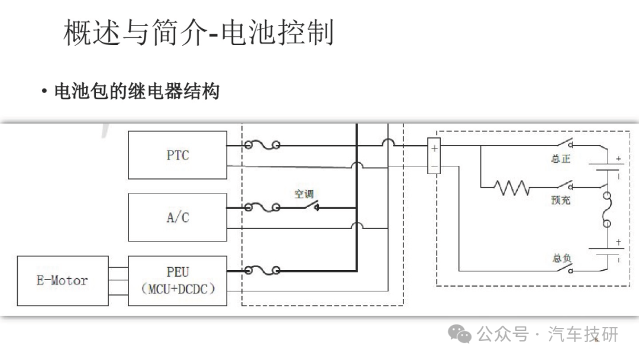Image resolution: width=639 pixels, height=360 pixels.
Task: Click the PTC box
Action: pos(177,155)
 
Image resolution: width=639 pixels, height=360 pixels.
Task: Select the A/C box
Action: pos(177,217)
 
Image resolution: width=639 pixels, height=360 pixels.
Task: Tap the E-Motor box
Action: pos(63,281)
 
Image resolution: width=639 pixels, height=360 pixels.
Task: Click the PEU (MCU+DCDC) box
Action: pos(177,281)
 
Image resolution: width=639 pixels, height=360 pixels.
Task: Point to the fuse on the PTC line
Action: pos(262,144)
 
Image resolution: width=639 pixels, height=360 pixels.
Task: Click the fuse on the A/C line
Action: pos(262,207)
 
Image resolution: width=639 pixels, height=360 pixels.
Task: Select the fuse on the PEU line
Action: pos(262,270)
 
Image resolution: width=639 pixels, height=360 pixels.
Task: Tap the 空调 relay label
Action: pos(304,194)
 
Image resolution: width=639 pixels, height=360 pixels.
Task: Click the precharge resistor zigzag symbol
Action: pos(512,188)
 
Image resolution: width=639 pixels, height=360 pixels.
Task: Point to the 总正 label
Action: pos(561,159)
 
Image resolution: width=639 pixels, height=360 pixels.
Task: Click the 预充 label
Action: pos(561,200)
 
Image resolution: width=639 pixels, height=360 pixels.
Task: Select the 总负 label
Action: pos(562,258)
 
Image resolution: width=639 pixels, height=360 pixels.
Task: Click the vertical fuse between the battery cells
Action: pos(607,210)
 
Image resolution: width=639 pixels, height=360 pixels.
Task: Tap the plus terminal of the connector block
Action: pos(434,149)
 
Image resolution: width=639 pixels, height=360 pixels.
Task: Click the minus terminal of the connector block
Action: pos(434,166)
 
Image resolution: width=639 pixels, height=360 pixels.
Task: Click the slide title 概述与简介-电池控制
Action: pos(199,32)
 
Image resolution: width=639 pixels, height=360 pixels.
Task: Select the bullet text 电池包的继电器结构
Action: pos(137,91)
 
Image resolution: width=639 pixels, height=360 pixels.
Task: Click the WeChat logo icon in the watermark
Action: pos(460,335)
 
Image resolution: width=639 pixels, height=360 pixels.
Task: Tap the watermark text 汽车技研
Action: pos(583,335)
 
